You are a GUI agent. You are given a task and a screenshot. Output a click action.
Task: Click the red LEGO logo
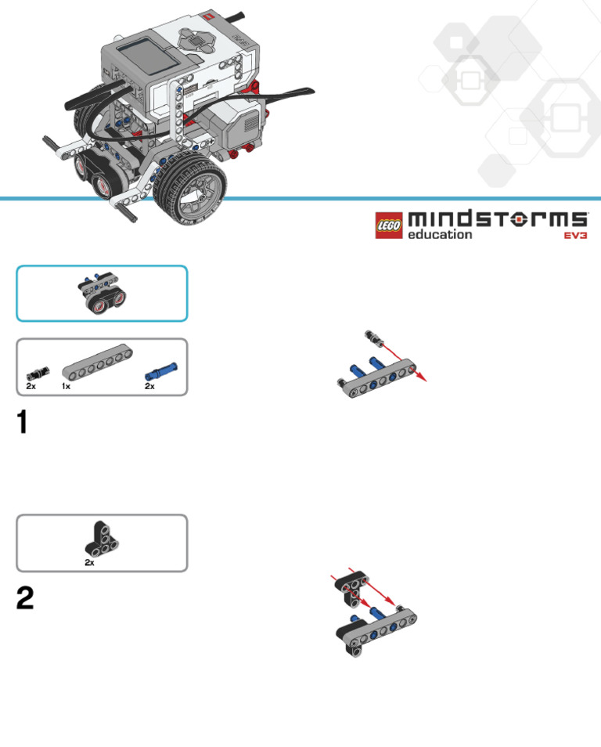pos(389,225)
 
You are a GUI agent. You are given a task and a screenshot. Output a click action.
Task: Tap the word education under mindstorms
pos(440,234)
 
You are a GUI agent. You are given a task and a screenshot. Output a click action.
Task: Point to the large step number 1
pos(23,423)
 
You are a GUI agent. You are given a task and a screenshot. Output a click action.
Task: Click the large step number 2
pos(25,599)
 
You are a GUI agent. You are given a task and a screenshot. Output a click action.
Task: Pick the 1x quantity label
pos(67,386)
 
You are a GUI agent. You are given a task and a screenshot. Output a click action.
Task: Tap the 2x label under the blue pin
pos(150,386)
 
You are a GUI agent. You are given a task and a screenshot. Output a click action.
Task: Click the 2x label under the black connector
pos(31,386)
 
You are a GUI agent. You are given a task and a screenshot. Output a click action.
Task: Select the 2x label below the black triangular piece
pos(90,562)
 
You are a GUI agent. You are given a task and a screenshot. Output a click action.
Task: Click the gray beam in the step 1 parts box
pos(97,366)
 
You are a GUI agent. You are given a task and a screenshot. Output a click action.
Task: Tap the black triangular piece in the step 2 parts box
pos(99,539)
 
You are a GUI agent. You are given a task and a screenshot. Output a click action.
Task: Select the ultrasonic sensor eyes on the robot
pos(95,176)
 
